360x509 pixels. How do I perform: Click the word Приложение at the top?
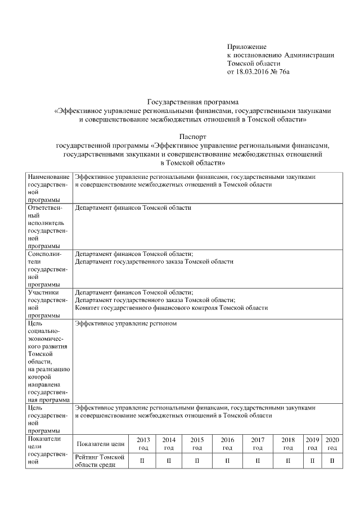click(246, 46)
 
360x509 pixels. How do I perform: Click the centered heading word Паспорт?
click(193, 136)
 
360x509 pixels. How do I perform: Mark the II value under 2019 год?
click(312, 461)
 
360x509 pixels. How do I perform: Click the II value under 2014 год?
click(169, 461)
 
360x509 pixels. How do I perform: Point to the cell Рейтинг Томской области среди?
click(99, 461)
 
